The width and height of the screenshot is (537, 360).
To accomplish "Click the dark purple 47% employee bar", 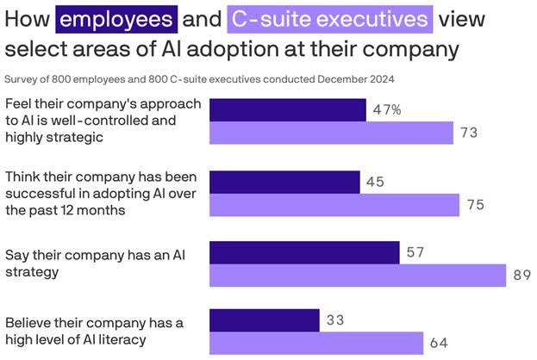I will (288, 109).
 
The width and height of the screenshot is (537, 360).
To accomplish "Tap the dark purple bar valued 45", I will (284, 182).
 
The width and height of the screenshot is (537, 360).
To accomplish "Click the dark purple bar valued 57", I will (304, 252).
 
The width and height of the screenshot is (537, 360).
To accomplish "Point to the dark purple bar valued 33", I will (265, 320).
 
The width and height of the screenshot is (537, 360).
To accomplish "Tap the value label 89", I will (522, 276).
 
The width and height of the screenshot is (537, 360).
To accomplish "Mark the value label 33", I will (336, 320).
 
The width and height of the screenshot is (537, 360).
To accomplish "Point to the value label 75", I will (476, 205).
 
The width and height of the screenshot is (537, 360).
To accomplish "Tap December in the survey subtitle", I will (342, 79).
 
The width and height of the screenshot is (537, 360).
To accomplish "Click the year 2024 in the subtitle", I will (382, 79).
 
